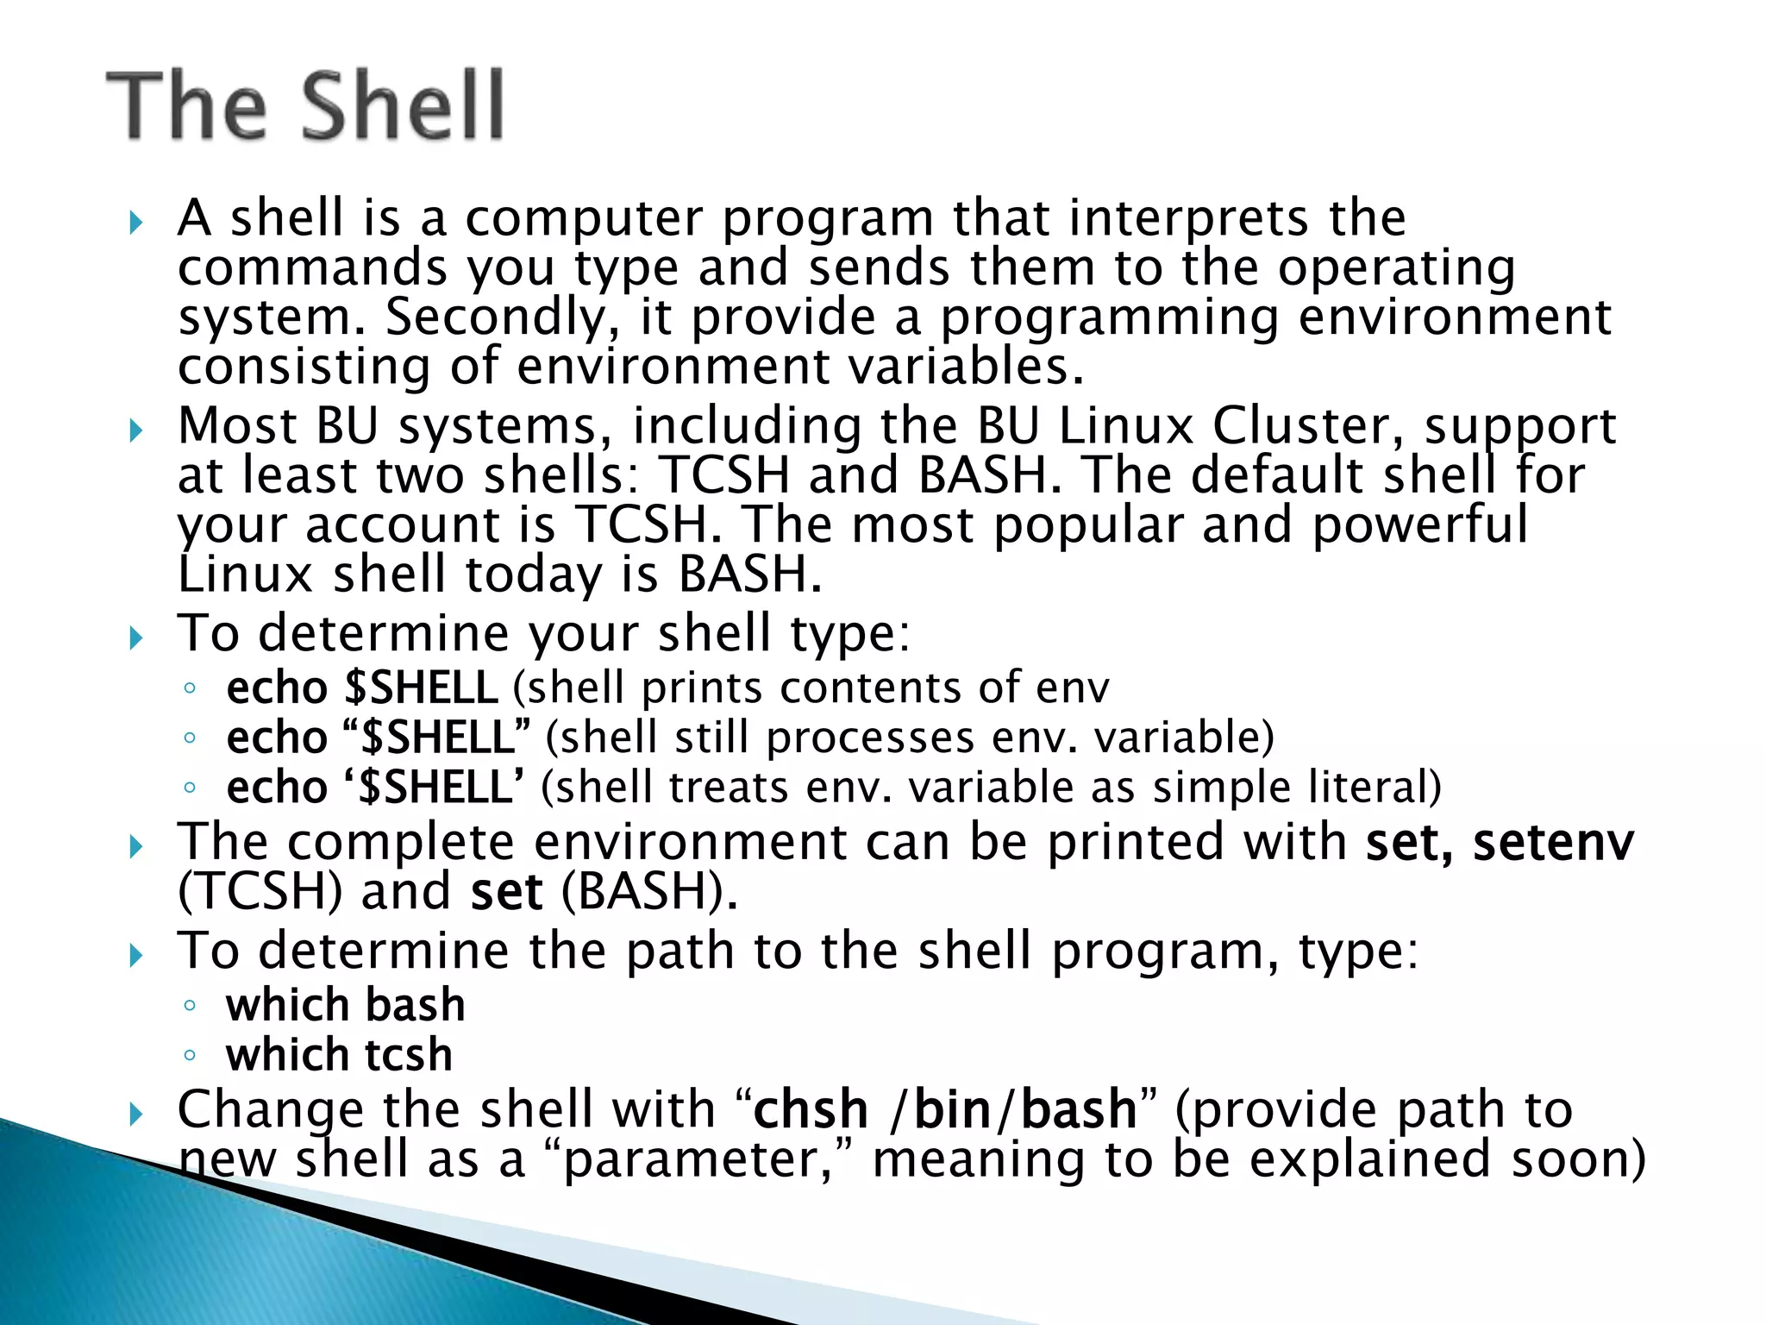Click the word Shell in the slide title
click(403, 105)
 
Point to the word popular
click(1088, 524)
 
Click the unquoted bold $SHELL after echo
click(421, 688)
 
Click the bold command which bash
click(345, 1005)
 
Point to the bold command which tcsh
click(339, 1055)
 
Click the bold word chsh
click(811, 1109)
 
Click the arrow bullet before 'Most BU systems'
click(135, 430)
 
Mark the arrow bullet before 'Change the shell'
click(135, 1114)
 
